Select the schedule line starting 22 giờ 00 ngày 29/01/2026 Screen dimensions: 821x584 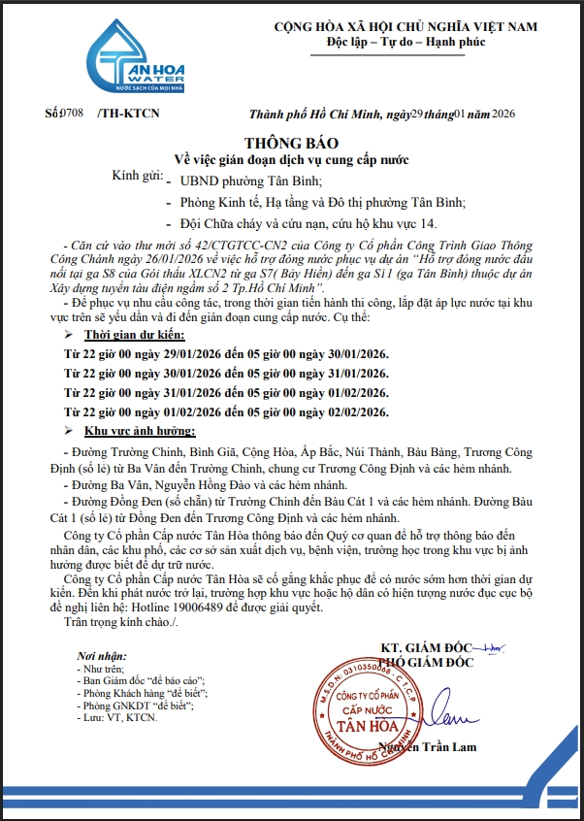click(226, 353)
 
